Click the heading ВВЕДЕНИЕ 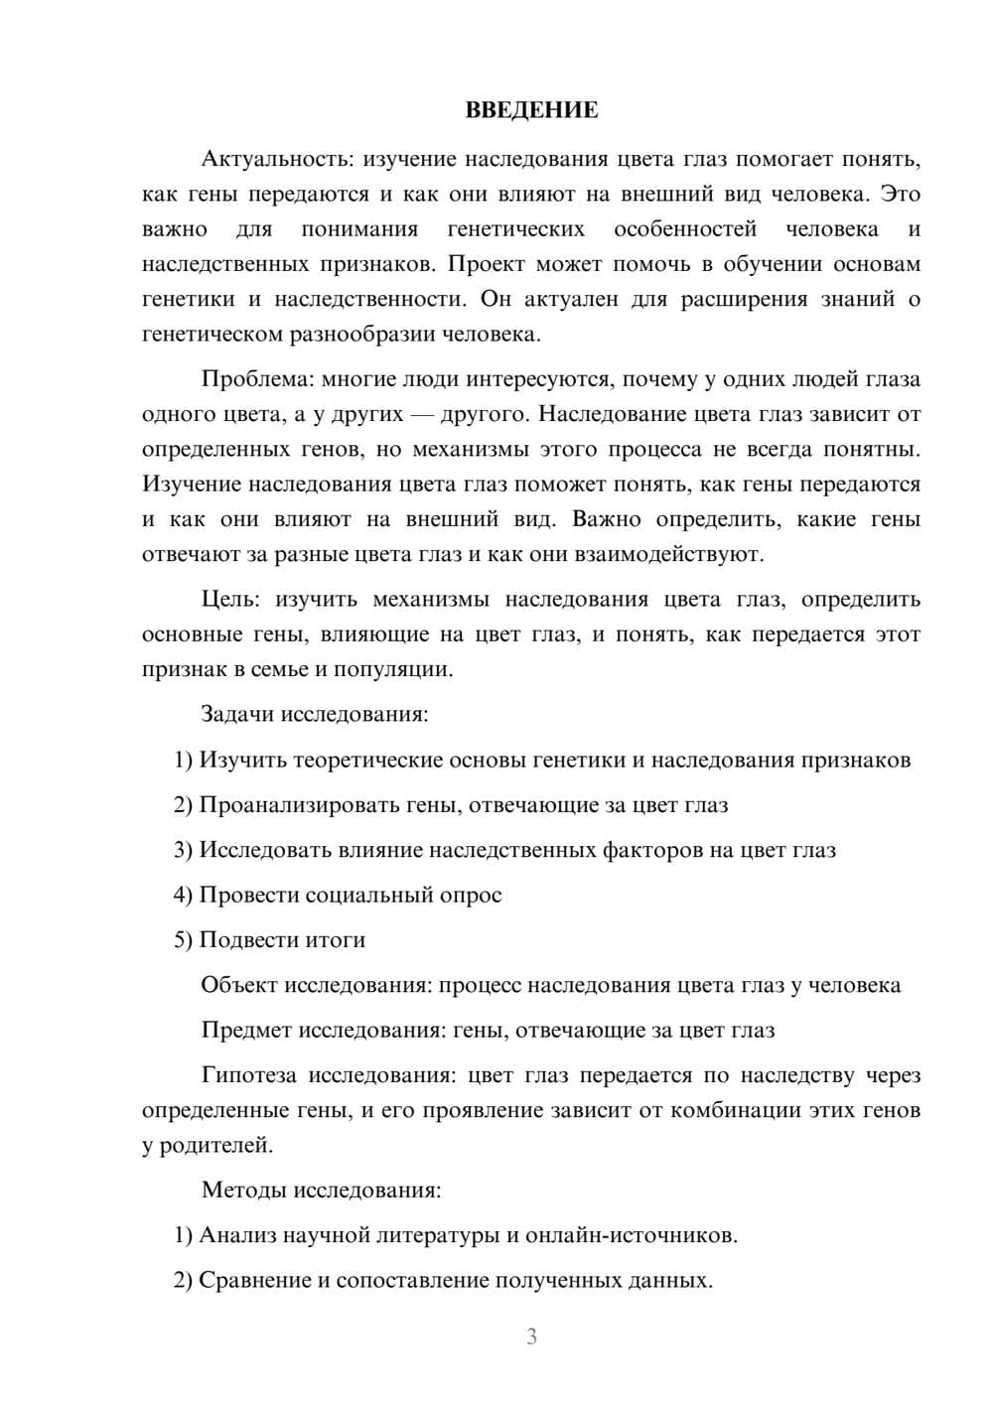[531, 110]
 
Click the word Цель [230, 600]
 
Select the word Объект [240, 985]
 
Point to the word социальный [366, 895]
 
